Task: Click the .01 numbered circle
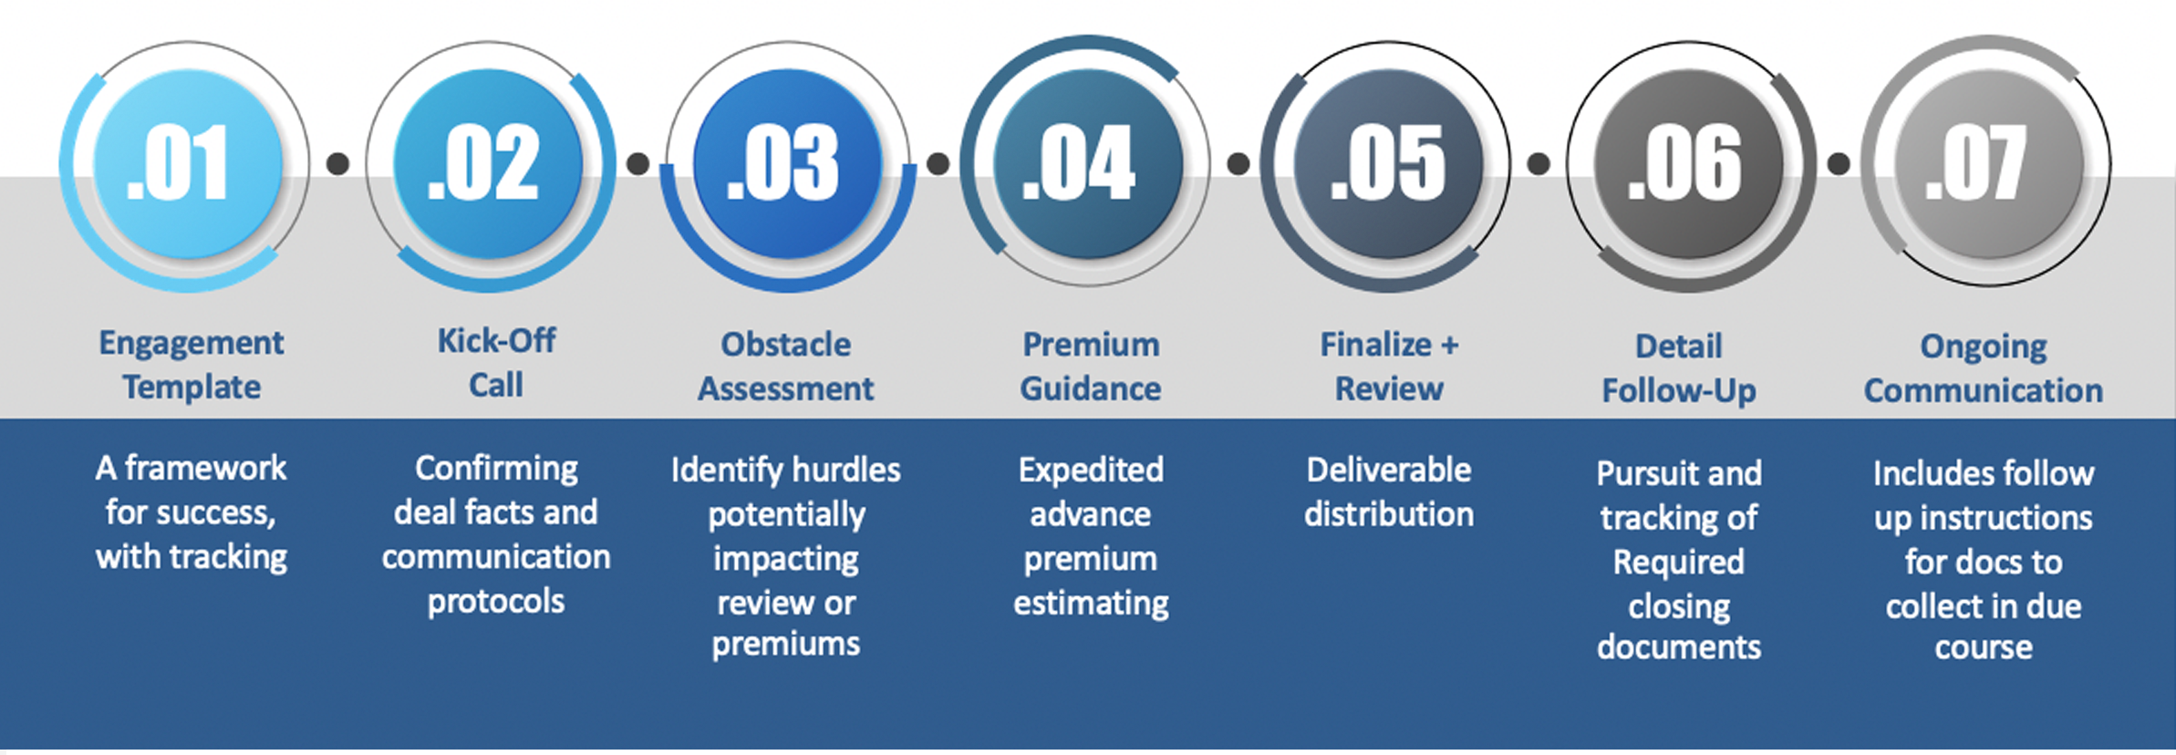pyautogui.click(x=187, y=164)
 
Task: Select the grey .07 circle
pyautogui.click(x=1989, y=164)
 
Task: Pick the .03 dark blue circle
pyautogui.click(x=788, y=164)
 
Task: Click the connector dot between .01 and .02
pyautogui.click(x=337, y=163)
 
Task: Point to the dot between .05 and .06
pyautogui.click(x=1539, y=163)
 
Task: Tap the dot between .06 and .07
pyautogui.click(x=1839, y=163)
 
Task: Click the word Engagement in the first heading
pyautogui.click(x=192, y=344)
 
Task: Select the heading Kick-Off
pyautogui.click(x=496, y=340)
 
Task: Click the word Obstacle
pyautogui.click(x=786, y=344)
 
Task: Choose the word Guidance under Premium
pyautogui.click(x=1091, y=388)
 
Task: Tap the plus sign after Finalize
pyautogui.click(x=1449, y=346)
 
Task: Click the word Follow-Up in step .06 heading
pyautogui.click(x=1679, y=391)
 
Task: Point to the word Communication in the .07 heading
pyautogui.click(x=1984, y=390)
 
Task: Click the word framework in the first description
pyautogui.click(x=205, y=468)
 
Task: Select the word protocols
pyautogui.click(x=496, y=602)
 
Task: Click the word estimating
pyautogui.click(x=1091, y=604)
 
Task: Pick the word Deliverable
pyautogui.click(x=1389, y=470)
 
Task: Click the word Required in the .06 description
pyautogui.click(x=1679, y=562)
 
